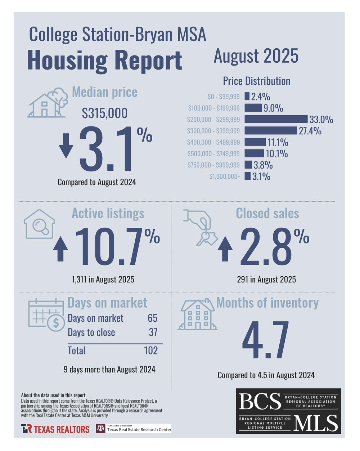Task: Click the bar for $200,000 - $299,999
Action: (276, 119)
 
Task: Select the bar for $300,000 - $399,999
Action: (271, 131)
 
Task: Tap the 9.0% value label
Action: (273, 108)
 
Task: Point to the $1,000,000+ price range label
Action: (225, 177)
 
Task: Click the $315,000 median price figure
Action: (105, 113)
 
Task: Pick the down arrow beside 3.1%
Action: (66, 146)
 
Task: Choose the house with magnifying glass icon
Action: (39, 224)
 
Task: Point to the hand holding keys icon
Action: (200, 227)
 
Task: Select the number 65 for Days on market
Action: (153, 318)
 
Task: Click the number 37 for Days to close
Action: (153, 332)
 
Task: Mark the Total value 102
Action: (151, 350)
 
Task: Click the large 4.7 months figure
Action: (265, 340)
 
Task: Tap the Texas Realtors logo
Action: (55, 429)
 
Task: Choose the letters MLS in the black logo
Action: (316, 423)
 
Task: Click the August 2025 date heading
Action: (256, 56)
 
